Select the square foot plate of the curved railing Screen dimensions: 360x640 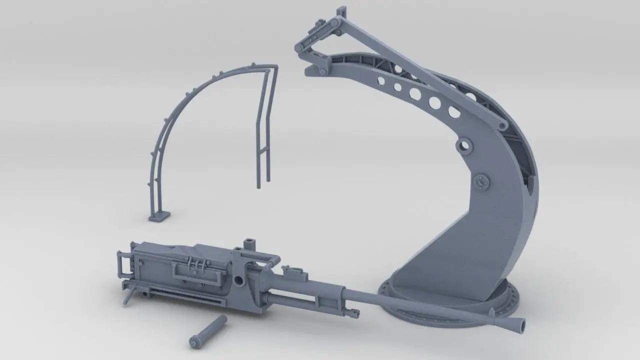(x=159, y=216)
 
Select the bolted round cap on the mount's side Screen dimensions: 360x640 (x=483, y=181)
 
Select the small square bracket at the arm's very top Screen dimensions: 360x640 (x=342, y=11)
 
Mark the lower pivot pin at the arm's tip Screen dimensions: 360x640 (x=322, y=72)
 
